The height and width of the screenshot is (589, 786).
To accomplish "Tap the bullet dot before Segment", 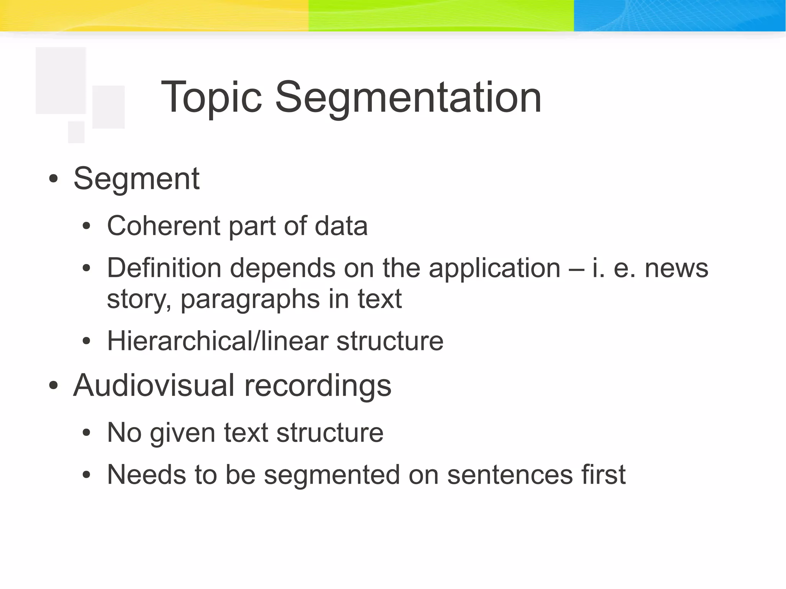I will point(53,179).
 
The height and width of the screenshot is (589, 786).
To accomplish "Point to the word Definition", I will point(164,268).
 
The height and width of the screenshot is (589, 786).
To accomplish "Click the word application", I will point(495,269).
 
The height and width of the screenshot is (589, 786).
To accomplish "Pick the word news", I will point(676,268).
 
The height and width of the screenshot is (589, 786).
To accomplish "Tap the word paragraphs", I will point(250,300).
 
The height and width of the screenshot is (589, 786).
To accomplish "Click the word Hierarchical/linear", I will point(217,341).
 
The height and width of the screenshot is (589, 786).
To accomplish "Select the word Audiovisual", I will point(154,385).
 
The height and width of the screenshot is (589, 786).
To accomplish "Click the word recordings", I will point(318,386).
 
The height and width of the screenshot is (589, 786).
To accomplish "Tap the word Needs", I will point(146,475).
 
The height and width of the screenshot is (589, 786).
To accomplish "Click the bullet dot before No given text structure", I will point(87,433).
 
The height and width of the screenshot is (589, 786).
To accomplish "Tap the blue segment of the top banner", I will point(679,15).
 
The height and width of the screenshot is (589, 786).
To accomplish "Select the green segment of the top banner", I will point(441,15).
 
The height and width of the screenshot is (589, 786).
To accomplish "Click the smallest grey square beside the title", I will point(76,132).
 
